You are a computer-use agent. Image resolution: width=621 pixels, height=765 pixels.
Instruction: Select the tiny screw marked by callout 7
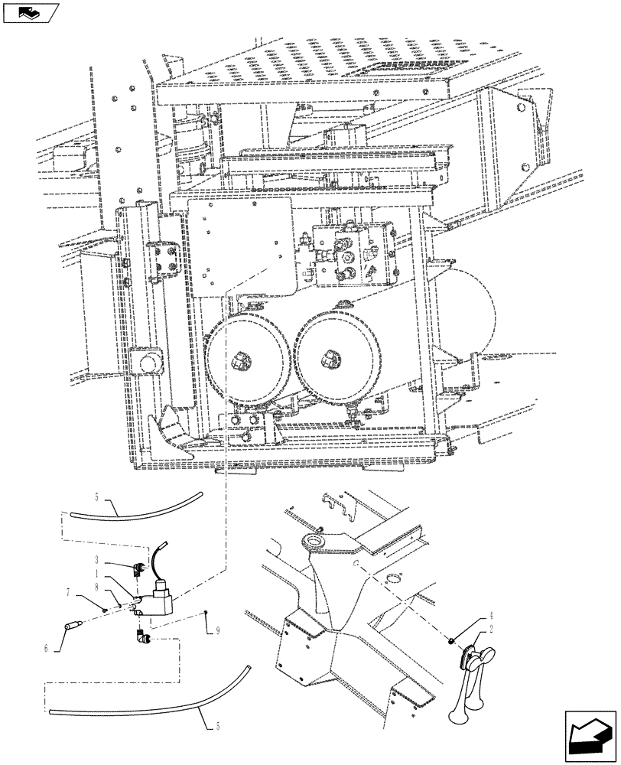click(102, 609)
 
